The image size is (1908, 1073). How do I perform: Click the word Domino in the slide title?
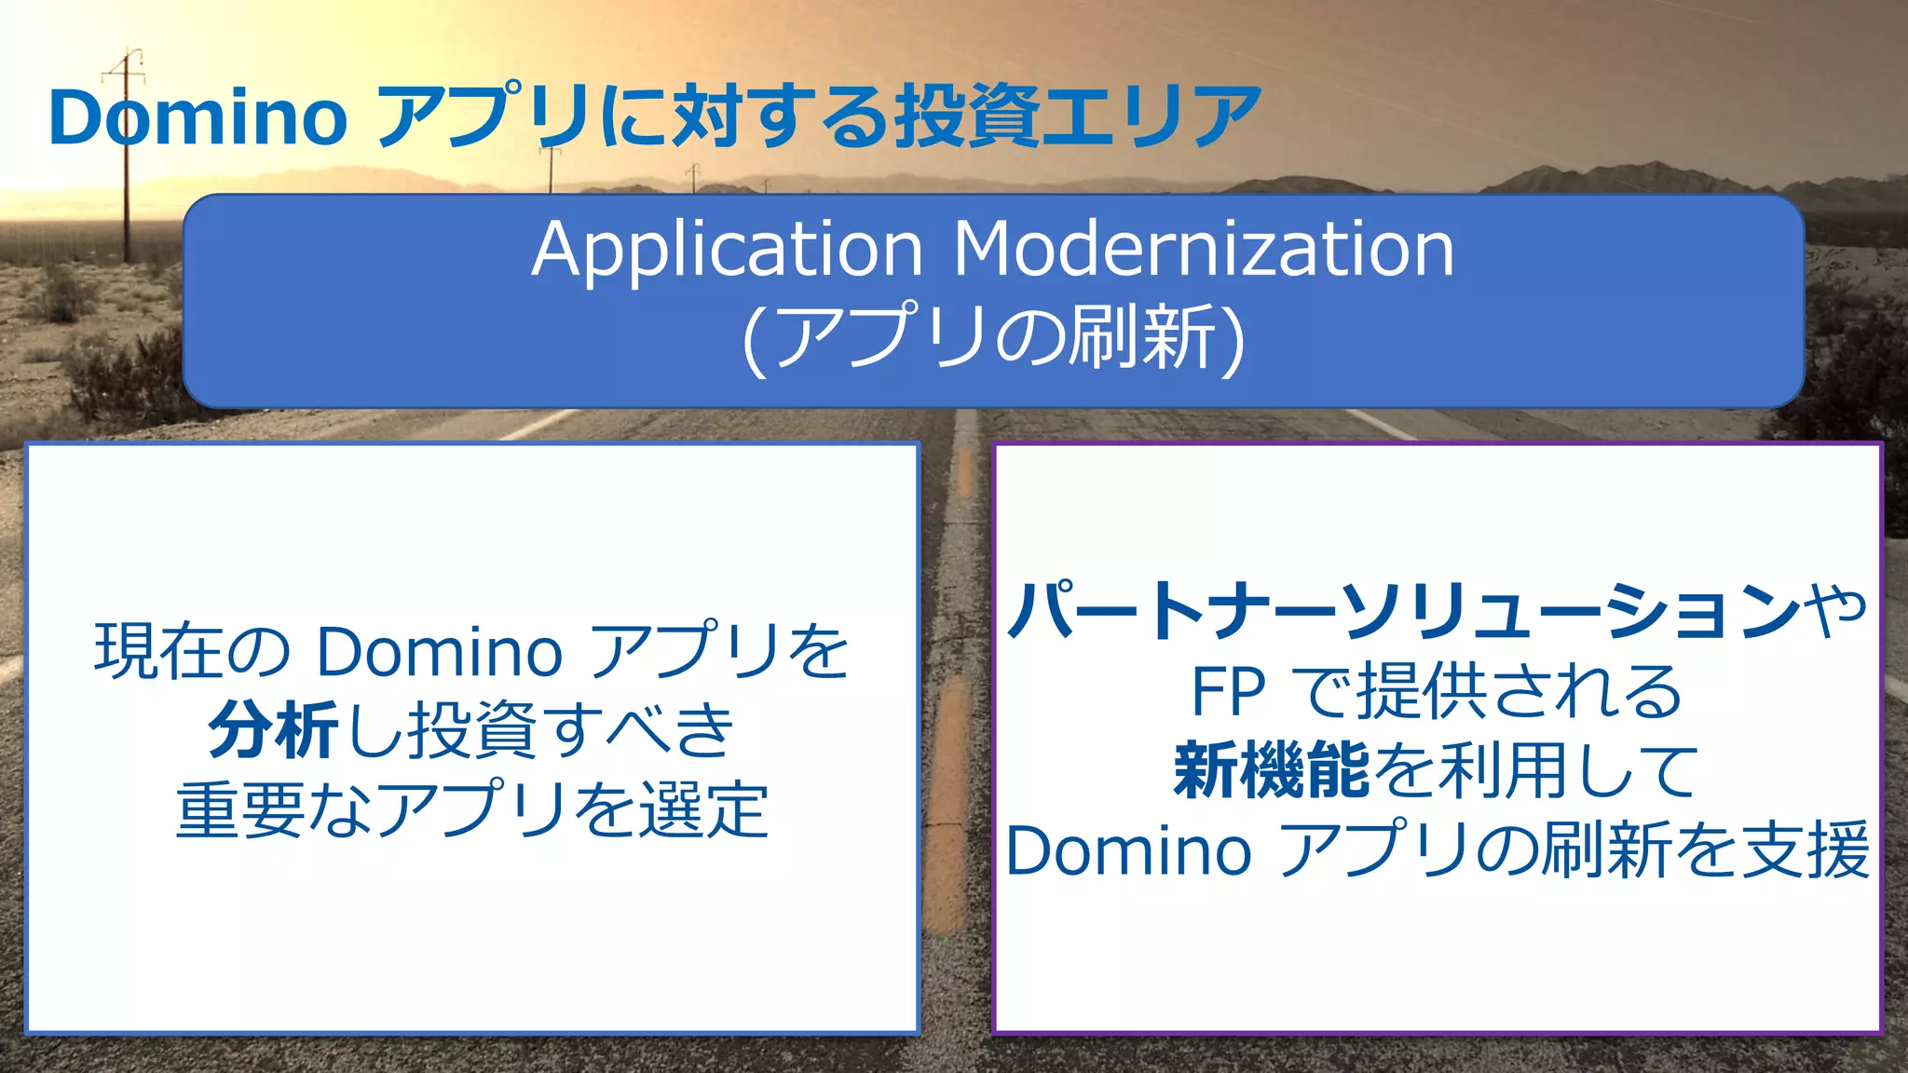[198, 117]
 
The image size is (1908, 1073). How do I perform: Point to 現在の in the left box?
[193, 650]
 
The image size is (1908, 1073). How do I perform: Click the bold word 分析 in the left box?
[273, 730]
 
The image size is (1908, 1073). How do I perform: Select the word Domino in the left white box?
[439, 650]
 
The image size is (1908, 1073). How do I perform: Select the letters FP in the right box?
[1228, 691]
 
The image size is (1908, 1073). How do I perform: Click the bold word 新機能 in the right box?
[1272, 771]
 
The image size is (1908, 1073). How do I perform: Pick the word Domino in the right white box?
[1128, 850]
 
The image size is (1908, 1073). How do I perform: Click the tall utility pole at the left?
[127, 186]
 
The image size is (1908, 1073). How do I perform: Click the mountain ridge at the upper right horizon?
[1640, 174]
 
